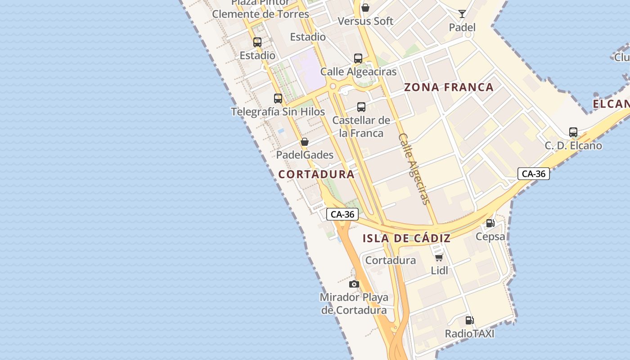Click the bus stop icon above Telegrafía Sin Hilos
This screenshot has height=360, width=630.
click(x=278, y=99)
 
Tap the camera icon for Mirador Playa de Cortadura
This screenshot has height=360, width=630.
click(x=354, y=284)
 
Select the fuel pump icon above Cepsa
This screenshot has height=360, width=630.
click(x=490, y=223)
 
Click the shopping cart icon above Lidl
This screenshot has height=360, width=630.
click(x=439, y=257)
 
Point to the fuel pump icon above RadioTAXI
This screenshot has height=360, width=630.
click(x=469, y=320)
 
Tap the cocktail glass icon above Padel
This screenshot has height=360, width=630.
click(x=462, y=14)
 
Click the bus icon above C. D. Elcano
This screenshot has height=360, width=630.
click(x=573, y=132)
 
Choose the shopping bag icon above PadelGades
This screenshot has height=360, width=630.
click(x=305, y=142)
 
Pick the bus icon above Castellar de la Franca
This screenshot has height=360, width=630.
click(x=361, y=107)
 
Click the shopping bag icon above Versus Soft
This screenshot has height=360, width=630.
click(x=365, y=8)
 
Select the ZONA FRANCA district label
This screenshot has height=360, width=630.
click(x=449, y=87)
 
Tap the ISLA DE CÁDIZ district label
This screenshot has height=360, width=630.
click(x=406, y=239)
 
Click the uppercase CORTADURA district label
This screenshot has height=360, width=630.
click(x=316, y=175)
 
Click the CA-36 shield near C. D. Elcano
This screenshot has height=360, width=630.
click(x=534, y=174)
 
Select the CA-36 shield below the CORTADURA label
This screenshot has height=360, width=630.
click(x=342, y=214)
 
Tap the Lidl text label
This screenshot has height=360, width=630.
click(x=439, y=270)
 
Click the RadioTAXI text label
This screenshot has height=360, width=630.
click(x=469, y=333)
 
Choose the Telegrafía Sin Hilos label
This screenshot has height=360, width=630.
click(x=278, y=112)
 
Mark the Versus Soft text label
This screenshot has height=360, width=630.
click(x=365, y=21)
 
